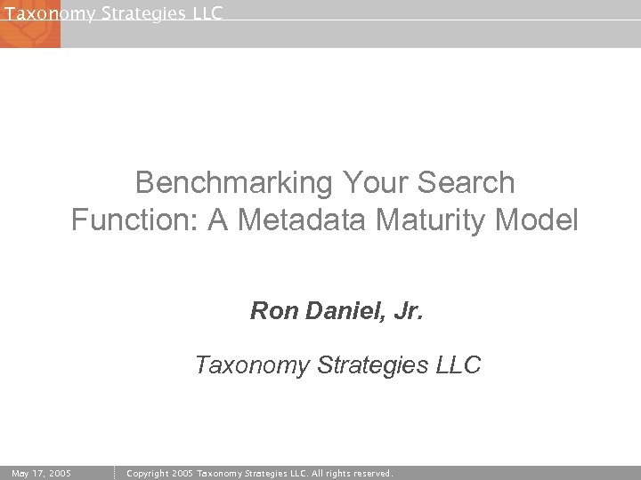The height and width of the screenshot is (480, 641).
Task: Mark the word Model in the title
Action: point(540,220)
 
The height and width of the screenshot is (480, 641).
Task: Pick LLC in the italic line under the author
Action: point(458,365)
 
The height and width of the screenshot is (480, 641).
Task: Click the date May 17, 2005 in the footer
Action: point(42,473)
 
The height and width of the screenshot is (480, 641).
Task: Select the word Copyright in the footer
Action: point(149,473)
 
